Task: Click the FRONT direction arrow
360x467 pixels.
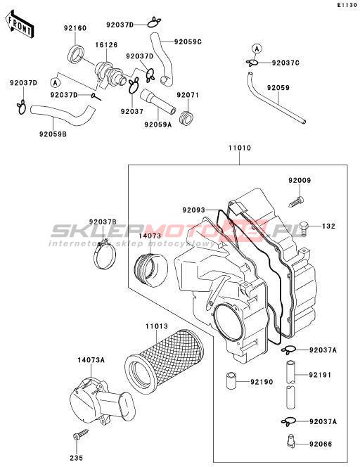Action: click(x=20, y=25)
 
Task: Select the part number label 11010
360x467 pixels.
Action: click(x=239, y=148)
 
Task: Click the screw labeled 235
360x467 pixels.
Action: click(x=80, y=434)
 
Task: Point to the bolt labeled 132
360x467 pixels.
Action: click(x=304, y=228)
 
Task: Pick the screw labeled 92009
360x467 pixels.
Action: click(x=296, y=202)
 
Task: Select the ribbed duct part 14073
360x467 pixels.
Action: click(x=150, y=269)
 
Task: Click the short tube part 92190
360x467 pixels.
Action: click(x=231, y=380)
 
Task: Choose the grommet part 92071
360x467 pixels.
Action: click(x=186, y=117)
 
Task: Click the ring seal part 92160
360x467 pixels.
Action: click(x=77, y=54)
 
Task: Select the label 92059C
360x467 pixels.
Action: click(x=188, y=42)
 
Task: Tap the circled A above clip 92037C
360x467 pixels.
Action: click(x=257, y=49)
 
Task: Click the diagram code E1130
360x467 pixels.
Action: click(x=347, y=5)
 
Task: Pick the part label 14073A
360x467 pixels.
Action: click(x=91, y=360)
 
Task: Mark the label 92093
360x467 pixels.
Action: click(x=193, y=210)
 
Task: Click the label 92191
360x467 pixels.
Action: click(x=320, y=375)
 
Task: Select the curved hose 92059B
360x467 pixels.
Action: click(x=63, y=115)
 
